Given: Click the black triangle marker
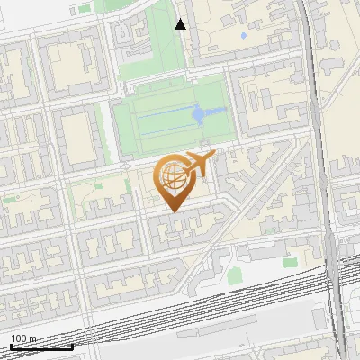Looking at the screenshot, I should [x=181, y=24].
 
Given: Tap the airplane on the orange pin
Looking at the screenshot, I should [x=197, y=165].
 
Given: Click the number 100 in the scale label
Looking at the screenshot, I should [x=19, y=338].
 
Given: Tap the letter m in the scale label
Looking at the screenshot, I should [x=33, y=338].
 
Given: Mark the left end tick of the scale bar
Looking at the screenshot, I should [x=11, y=346].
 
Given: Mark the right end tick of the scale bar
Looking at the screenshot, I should [x=73, y=346].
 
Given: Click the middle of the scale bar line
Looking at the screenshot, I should [x=41, y=347].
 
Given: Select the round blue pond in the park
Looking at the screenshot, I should [x=198, y=114].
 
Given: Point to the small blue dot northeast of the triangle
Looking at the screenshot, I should [x=243, y=37].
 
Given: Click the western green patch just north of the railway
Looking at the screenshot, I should [x=234, y=274].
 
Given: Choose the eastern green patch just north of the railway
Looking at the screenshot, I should [x=290, y=263].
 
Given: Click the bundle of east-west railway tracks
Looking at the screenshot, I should [x=180, y=310].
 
